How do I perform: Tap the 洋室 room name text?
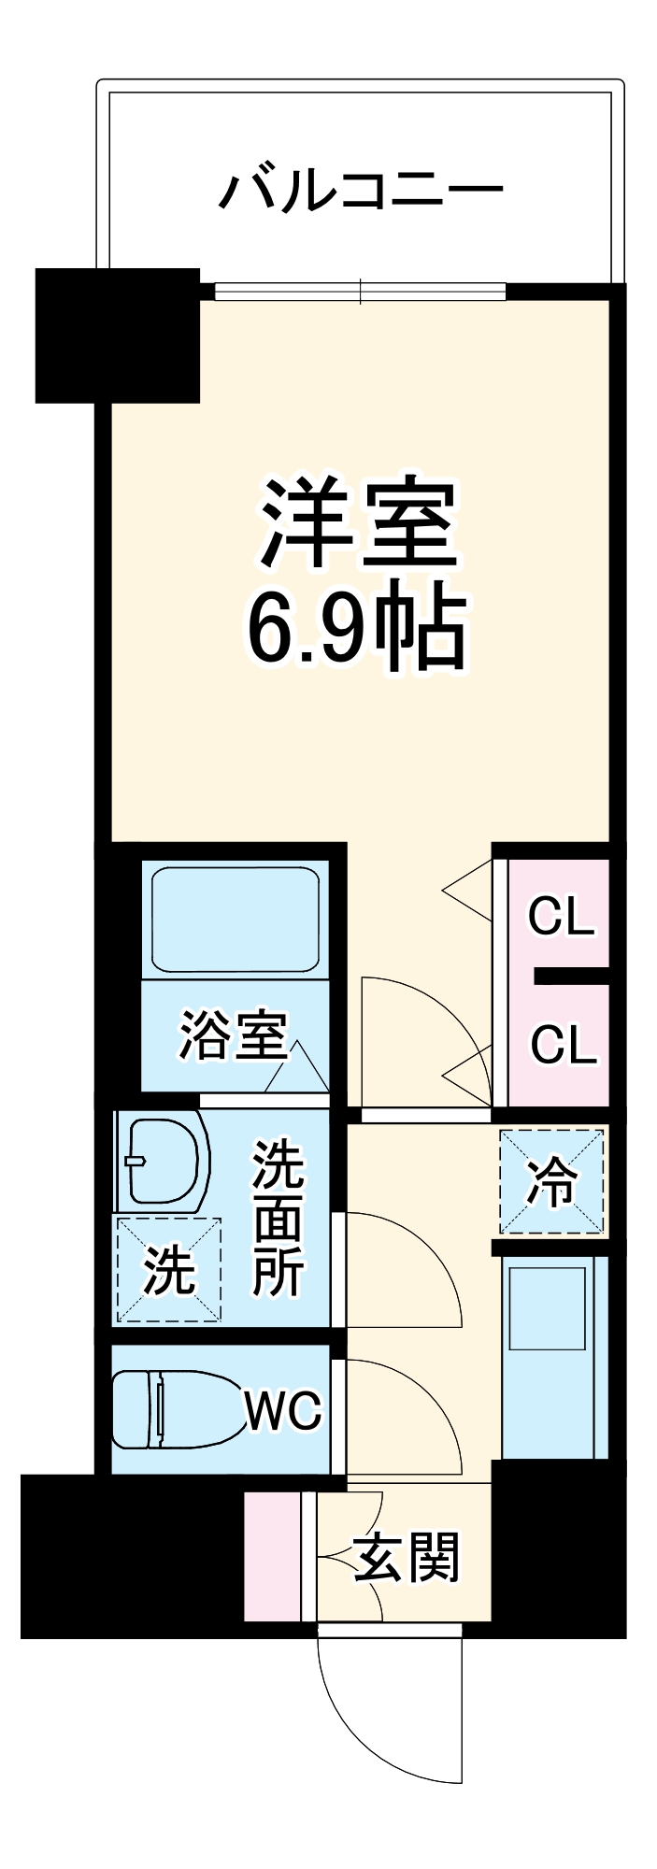[359, 524]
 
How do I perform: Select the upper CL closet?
[560, 915]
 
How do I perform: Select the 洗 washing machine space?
[168, 1270]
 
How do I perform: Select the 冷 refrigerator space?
[551, 1182]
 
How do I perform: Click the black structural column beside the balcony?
[118, 335]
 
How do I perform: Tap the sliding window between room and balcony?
[361, 292]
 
